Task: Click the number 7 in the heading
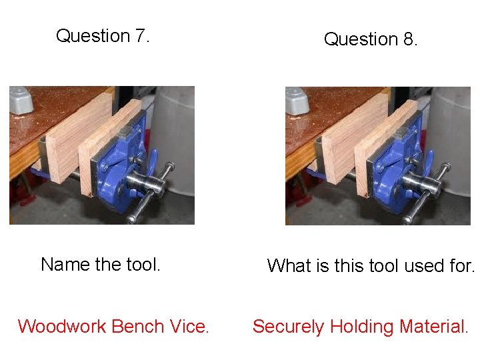click(x=141, y=35)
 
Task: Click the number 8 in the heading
click(x=409, y=39)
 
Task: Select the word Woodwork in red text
click(x=62, y=327)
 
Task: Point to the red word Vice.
click(x=189, y=327)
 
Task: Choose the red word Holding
click(x=362, y=327)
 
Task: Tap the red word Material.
click(x=434, y=327)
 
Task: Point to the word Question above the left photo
click(x=93, y=35)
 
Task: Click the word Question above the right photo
click(x=361, y=39)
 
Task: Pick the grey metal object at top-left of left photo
click(x=21, y=99)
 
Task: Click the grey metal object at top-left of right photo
click(x=297, y=100)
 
